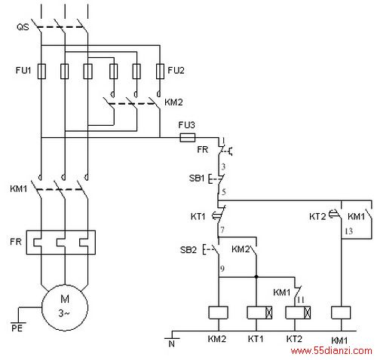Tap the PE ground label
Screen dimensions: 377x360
click(x=17, y=328)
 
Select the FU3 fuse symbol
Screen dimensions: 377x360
click(x=188, y=138)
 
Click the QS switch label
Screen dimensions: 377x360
click(x=23, y=27)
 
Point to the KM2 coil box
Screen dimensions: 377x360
click(x=219, y=313)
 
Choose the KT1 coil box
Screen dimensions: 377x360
click(x=259, y=313)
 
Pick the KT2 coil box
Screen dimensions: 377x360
click(x=298, y=313)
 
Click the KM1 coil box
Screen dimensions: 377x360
click(x=341, y=313)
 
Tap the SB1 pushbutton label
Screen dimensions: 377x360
click(x=197, y=178)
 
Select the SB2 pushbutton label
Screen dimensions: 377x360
click(x=188, y=250)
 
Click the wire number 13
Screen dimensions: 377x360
click(x=349, y=231)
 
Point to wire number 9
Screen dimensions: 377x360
click(x=222, y=269)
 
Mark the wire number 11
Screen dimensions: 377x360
click(x=301, y=300)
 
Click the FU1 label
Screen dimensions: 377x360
click(x=23, y=70)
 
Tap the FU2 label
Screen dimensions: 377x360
click(x=176, y=70)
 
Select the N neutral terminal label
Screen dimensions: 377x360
click(x=172, y=344)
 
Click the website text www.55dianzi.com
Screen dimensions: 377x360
click(x=331, y=351)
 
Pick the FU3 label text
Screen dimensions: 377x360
click(x=186, y=125)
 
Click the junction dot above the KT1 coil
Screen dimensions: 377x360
click(x=256, y=277)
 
